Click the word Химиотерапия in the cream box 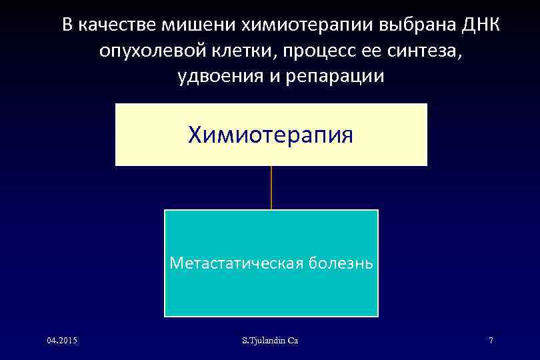point(271,135)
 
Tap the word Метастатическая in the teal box point(236,262)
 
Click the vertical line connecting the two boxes point(271,187)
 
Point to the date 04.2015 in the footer point(62,341)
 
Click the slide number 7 point(491,341)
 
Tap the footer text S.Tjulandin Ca point(270,341)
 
